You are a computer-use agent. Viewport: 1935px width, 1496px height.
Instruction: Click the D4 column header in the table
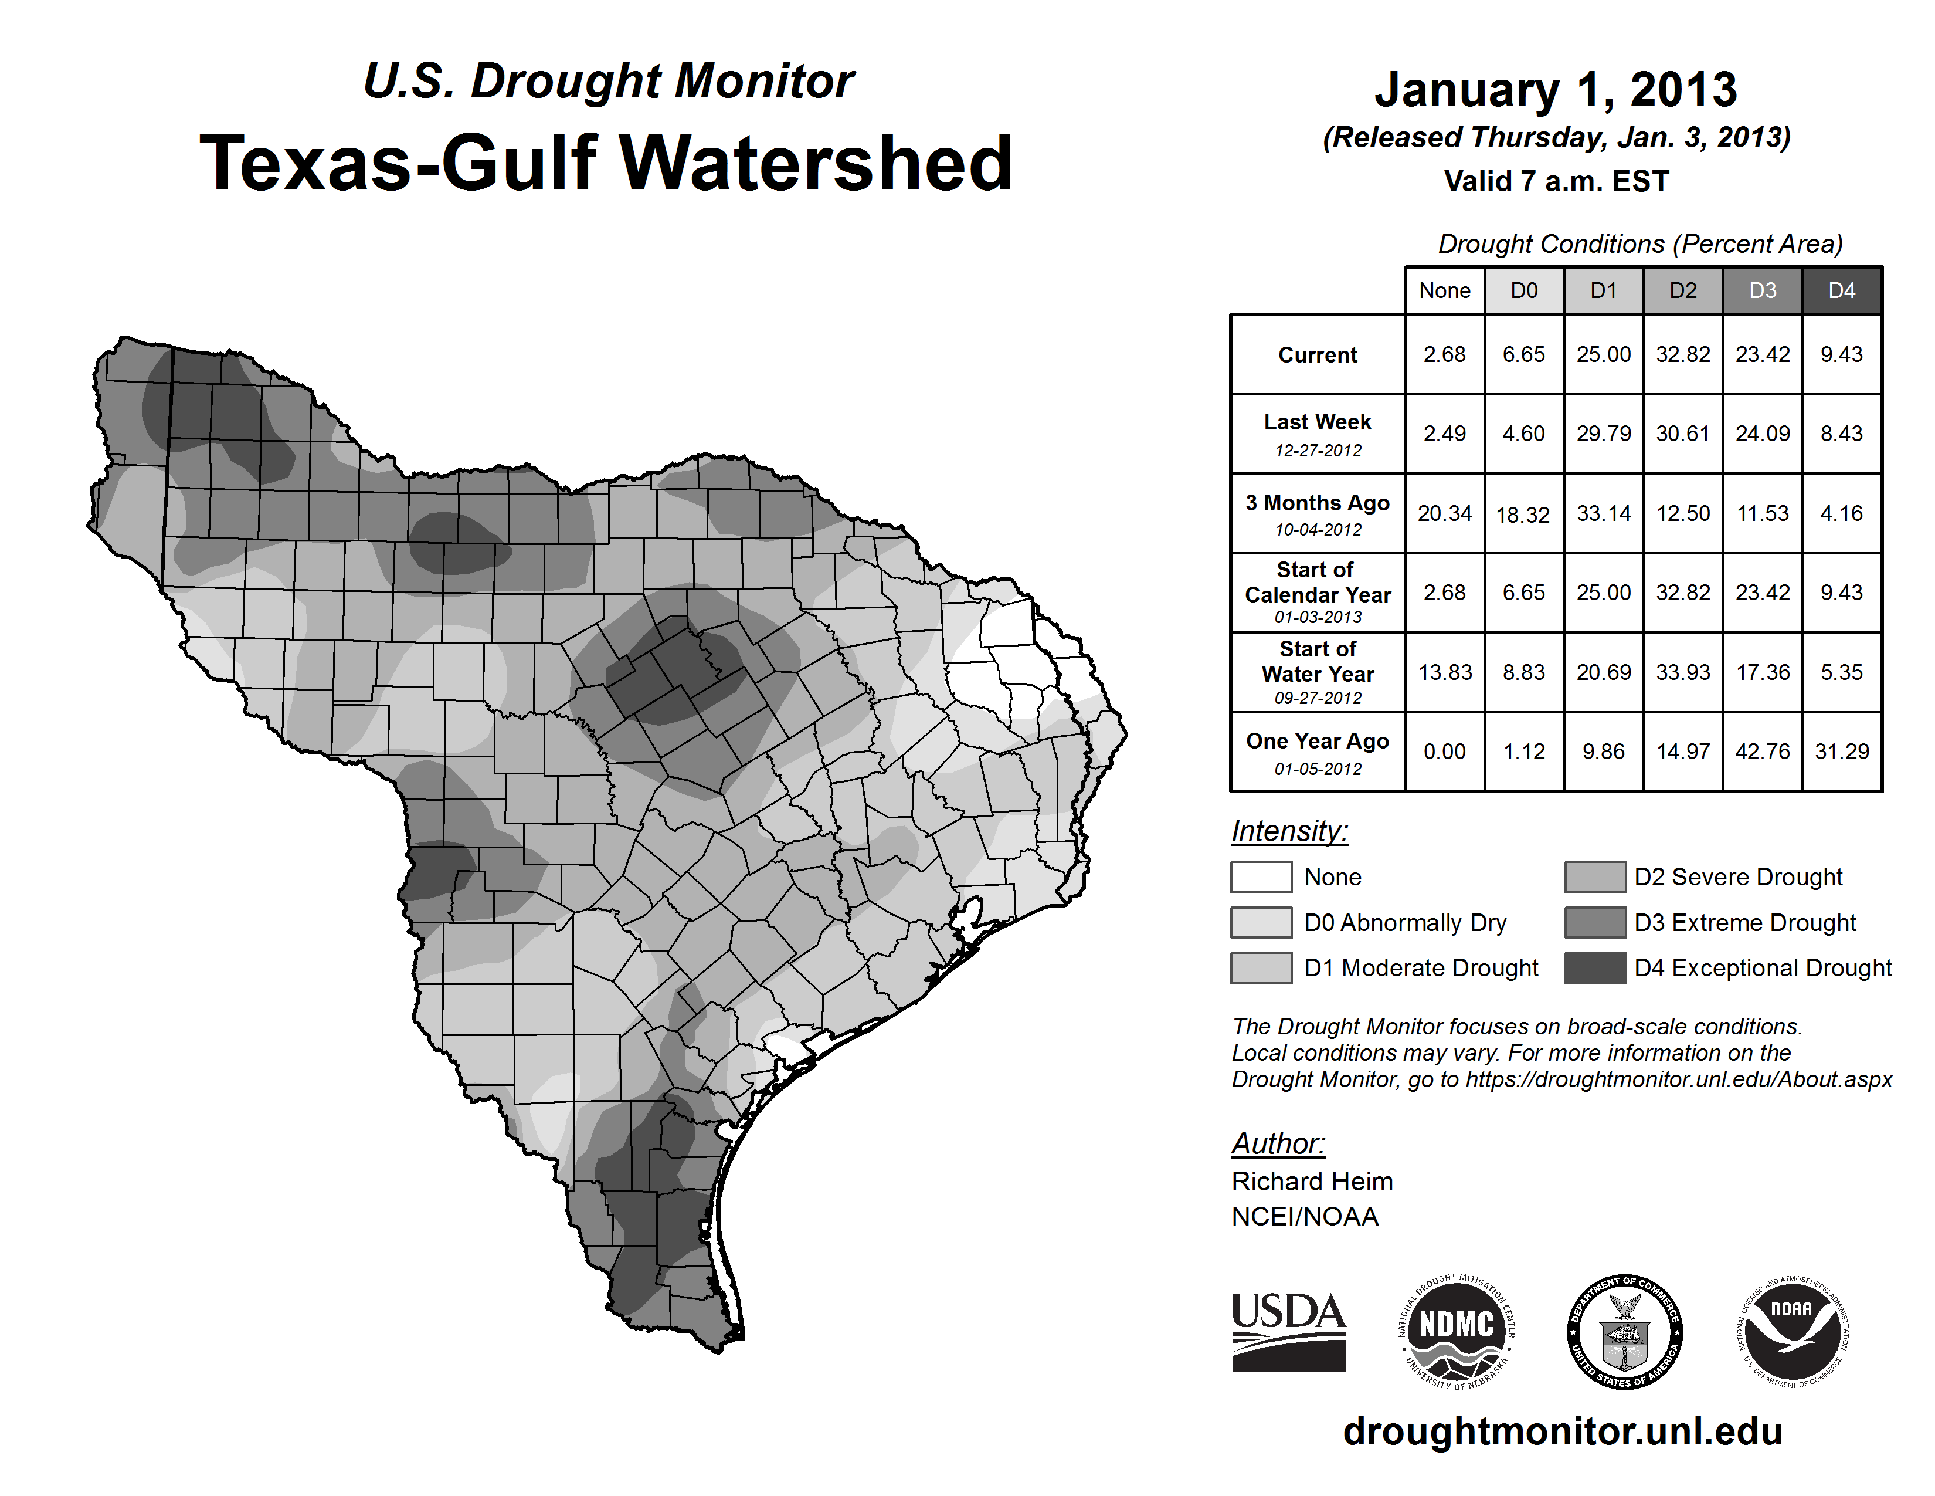[1841, 290]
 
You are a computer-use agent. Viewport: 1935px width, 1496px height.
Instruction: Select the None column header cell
[1444, 290]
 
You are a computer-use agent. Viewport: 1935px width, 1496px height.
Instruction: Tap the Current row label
[1318, 354]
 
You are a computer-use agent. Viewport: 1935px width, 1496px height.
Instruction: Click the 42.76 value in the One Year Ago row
[1762, 752]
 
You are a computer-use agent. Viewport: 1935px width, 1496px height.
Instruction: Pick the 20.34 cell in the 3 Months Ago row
[1444, 513]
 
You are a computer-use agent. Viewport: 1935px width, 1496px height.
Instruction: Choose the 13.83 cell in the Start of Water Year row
[1444, 672]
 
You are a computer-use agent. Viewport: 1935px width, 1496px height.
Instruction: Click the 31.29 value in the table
[1841, 752]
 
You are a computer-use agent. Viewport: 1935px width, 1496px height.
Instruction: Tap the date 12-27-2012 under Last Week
[1318, 450]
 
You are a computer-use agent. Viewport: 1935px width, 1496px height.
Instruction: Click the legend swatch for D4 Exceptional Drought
[1595, 968]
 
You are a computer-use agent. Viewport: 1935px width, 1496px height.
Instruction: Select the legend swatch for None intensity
[1261, 876]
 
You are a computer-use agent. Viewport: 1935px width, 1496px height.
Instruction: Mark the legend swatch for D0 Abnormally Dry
[1261, 922]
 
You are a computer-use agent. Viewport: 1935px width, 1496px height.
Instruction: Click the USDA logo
[1288, 1331]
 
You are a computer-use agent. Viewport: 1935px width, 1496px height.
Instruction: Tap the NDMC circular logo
[1457, 1331]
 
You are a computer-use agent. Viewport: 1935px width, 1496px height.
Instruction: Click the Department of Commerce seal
[1624, 1331]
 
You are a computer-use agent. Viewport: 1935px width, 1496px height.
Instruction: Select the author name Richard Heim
[1311, 1182]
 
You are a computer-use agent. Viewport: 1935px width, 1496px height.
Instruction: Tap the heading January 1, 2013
[1556, 90]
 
